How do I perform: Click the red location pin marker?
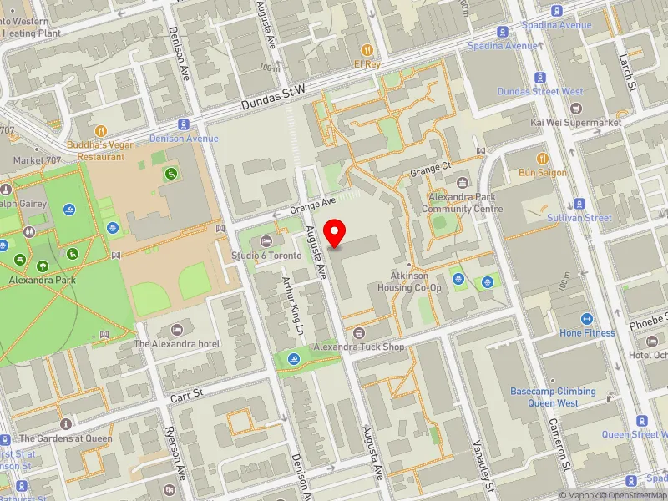335,233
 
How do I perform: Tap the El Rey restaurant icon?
367,49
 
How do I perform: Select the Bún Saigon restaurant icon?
541,158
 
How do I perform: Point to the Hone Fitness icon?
587,318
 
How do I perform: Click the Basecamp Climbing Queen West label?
553,397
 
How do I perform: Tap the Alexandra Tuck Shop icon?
359,332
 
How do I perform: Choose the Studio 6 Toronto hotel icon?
266,241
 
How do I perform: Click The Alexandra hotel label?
176,343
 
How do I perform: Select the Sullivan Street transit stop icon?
579,204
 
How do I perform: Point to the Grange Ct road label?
430,170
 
